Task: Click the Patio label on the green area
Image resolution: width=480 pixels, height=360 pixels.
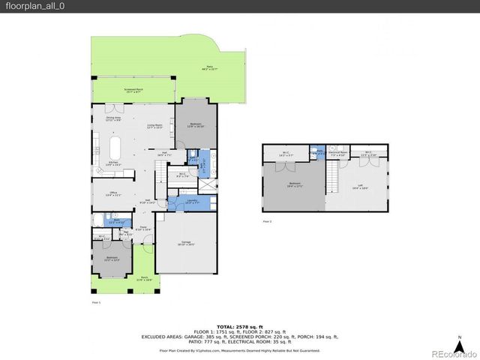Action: pos(208,69)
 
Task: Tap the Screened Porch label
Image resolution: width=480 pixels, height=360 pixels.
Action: pos(136,91)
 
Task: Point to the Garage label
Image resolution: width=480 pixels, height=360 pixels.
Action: pos(186,242)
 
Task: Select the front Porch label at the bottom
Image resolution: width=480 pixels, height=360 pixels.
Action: pos(111,280)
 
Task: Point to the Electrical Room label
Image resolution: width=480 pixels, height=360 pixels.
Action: pos(338,153)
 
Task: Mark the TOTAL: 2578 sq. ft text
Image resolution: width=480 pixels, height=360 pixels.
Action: pos(239,328)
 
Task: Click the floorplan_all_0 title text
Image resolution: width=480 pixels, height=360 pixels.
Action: pos(33,6)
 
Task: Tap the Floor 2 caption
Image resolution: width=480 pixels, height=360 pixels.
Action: pos(266,222)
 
